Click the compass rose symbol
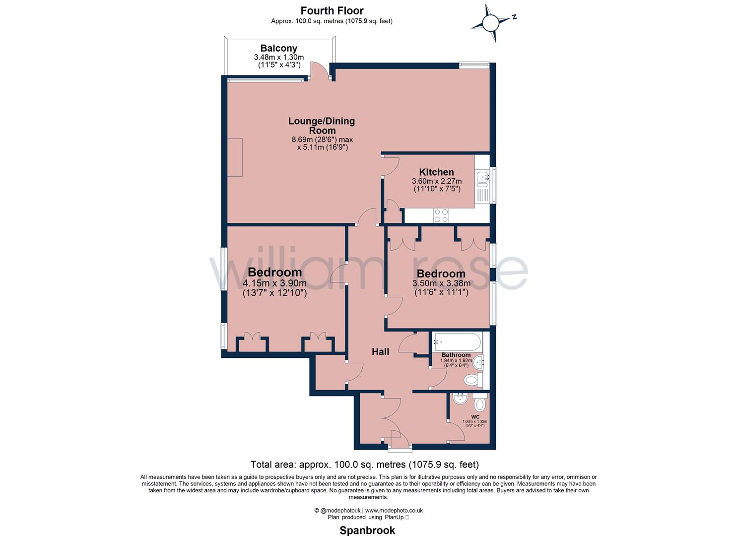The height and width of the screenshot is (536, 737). (x=491, y=23)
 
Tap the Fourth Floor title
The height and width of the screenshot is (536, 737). (x=332, y=10)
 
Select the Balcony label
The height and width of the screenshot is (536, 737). (x=278, y=48)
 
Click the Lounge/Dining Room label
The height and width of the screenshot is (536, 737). (x=322, y=126)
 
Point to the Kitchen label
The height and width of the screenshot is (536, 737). (x=436, y=172)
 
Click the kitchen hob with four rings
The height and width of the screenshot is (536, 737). (x=441, y=215)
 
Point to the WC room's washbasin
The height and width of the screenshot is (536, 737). (x=460, y=398)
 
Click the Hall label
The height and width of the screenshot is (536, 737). (x=380, y=351)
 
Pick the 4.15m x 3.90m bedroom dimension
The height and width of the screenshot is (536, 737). (x=274, y=283)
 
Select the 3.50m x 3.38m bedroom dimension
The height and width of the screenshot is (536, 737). (x=441, y=284)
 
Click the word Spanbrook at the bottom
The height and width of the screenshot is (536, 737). (x=367, y=530)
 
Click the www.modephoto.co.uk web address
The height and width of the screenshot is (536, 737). (x=394, y=510)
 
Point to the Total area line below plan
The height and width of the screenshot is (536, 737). (x=364, y=465)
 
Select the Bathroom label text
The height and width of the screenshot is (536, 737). (x=456, y=355)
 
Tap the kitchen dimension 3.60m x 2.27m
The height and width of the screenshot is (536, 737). (x=436, y=181)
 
